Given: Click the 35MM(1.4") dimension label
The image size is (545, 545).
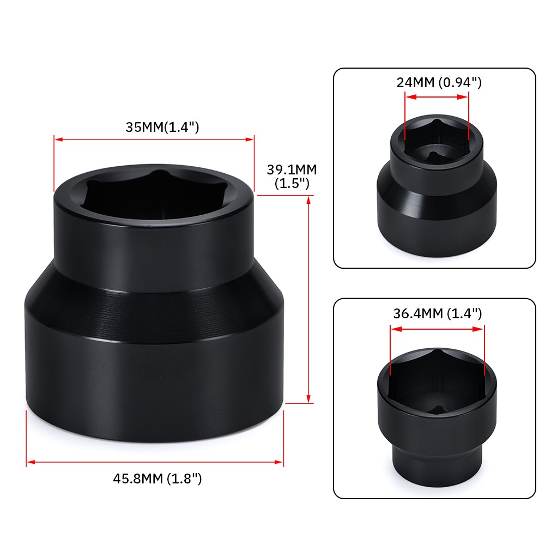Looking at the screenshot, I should (162, 128).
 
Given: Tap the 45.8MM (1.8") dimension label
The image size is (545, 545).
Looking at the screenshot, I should (158, 479).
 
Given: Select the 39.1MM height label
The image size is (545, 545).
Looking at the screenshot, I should (292, 169).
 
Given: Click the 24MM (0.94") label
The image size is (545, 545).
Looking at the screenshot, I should (439, 83).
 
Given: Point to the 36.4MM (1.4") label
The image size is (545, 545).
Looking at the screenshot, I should (437, 313).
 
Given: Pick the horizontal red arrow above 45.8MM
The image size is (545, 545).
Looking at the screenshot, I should (155, 462).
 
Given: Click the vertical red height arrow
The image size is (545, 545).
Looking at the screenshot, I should (309, 300).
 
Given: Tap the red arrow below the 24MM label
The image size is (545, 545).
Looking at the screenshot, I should (437, 97).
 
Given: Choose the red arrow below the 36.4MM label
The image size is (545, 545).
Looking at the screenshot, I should (437, 329).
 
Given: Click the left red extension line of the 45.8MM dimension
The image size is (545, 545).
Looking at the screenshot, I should (27, 439).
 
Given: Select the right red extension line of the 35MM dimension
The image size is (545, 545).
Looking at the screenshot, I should (255, 163).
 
